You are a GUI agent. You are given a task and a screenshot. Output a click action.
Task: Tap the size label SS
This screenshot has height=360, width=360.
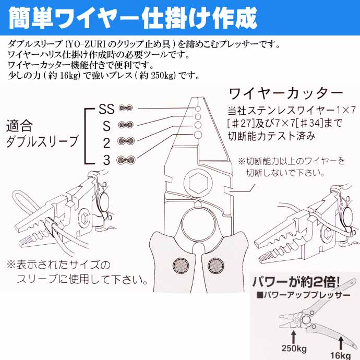pos(106,109)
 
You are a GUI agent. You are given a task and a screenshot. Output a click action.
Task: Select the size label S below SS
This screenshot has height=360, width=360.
pos(107,126)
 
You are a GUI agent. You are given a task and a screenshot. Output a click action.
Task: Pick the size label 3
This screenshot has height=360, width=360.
pos(106,160)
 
